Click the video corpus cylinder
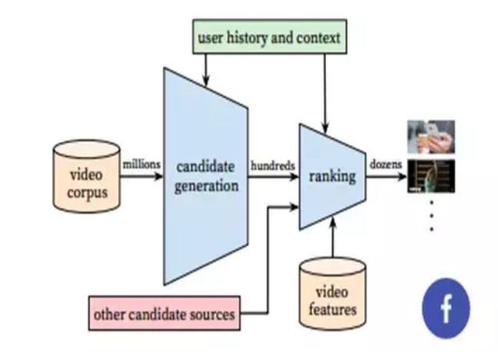click(x=85, y=177)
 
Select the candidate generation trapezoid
click(x=204, y=176)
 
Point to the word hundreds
click(x=272, y=165)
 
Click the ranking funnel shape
click(x=331, y=176)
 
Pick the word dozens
click(x=383, y=165)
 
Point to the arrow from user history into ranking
click(x=327, y=92)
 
